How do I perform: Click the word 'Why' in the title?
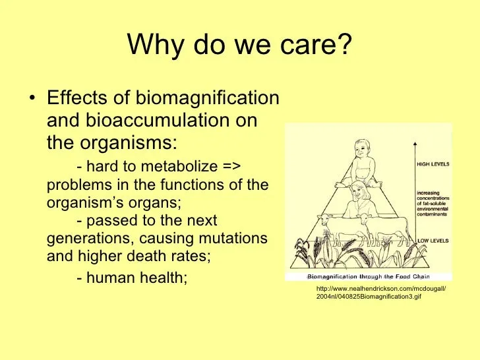pyautogui.click(x=156, y=45)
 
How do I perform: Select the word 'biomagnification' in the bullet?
pyautogui.click(x=207, y=98)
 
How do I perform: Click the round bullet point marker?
pyautogui.click(x=32, y=98)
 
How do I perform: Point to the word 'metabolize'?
pyautogui.click(x=179, y=166)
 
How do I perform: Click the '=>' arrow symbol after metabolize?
pyautogui.click(x=231, y=167)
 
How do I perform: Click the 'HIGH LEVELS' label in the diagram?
pyautogui.click(x=433, y=164)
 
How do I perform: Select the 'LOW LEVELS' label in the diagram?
pyautogui.click(x=433, y=241)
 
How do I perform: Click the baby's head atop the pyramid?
pyautogui.click(x=362, y=150)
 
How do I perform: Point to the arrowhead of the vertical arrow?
pyautogui.click(x=415, y=143)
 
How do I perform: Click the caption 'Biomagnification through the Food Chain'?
pyautogui.click(x=369, y=276)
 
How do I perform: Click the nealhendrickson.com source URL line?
pyautogui.click(x=381, y=288)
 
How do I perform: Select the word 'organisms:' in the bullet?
pyautogui.click(x=129, y=142)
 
